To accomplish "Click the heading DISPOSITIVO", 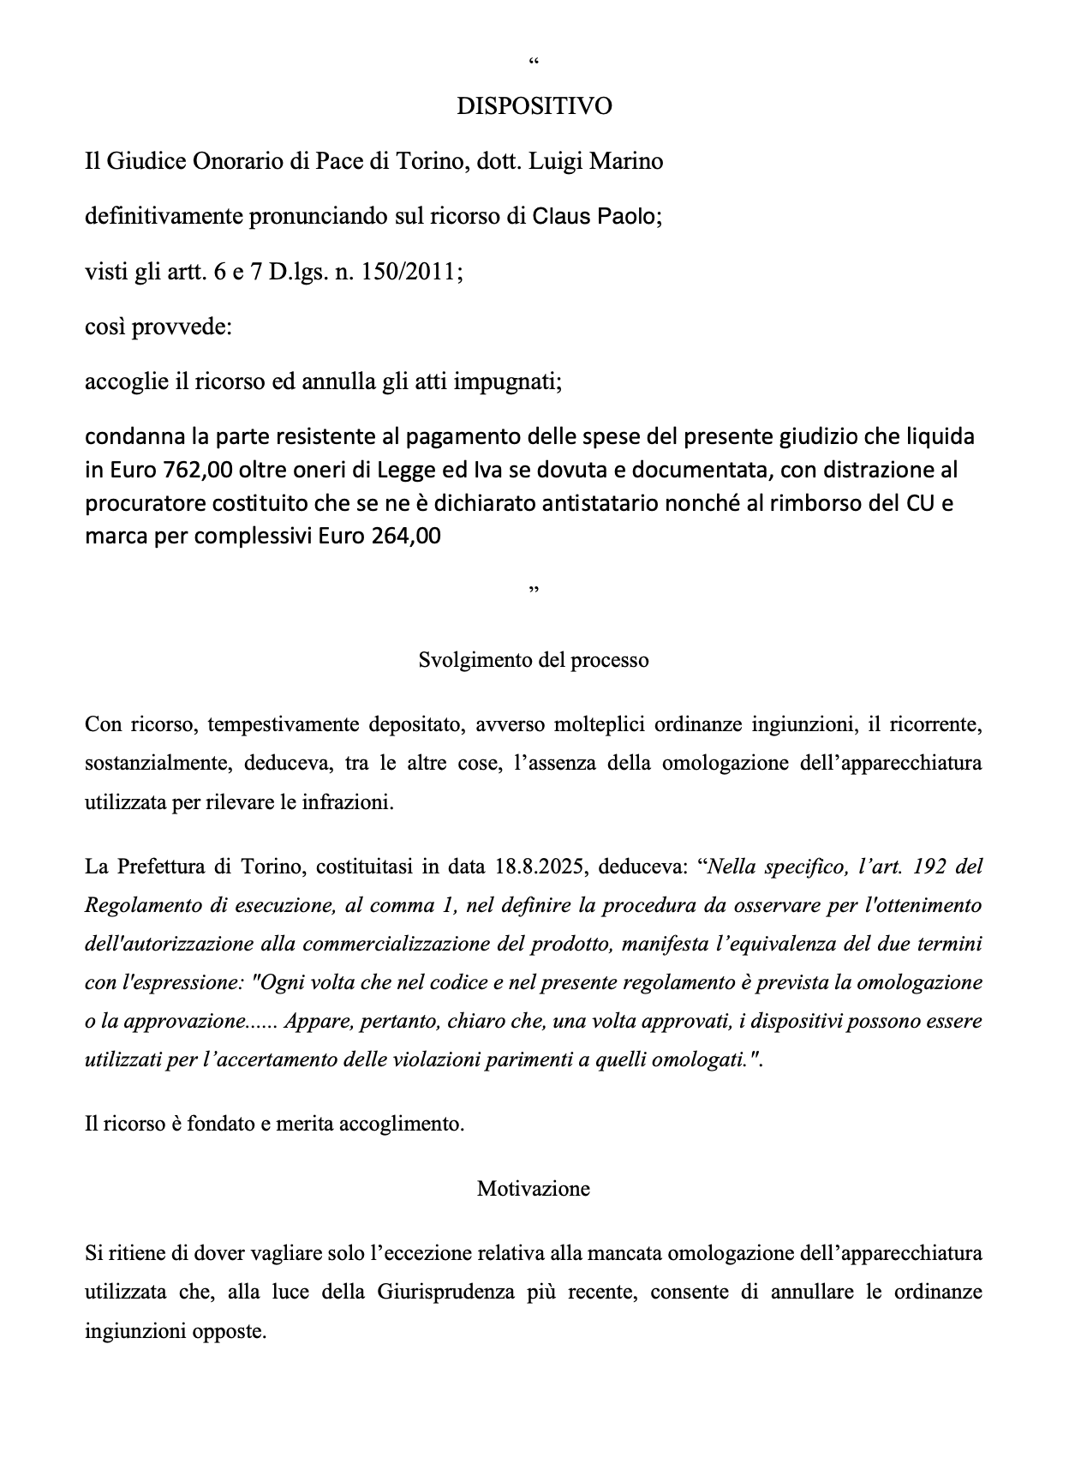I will [534, 106].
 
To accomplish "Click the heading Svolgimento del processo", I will [534, 660].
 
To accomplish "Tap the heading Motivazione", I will [534, 1189].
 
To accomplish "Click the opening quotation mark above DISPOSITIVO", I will [534, 63].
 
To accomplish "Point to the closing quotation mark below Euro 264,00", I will [534, 591].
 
